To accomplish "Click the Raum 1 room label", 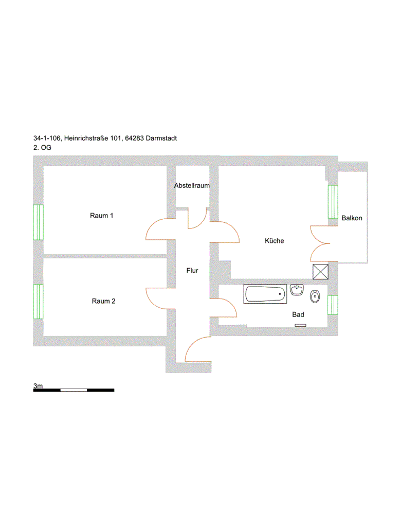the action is [101, 216].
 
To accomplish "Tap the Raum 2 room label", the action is [103, 301].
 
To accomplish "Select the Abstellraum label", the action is [192, 185].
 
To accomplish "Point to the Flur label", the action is [192, 271].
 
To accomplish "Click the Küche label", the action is [275, 241].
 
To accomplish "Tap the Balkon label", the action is [352, 218].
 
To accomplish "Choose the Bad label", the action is [298, 314].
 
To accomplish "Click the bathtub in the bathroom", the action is [265, 294].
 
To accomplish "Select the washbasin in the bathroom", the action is [297, 290].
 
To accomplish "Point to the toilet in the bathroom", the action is [315, 296].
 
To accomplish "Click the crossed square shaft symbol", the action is [320, 272].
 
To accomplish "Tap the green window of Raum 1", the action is [38, 222].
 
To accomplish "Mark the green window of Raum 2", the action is [38, 302].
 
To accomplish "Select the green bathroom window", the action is [333, 305].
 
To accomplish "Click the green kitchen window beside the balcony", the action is [333, 202].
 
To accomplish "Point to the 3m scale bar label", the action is [38, 385].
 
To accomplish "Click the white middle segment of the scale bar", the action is [74, 390].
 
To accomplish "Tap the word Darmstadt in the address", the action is [161, 138].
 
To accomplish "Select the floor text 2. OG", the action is [42, 148].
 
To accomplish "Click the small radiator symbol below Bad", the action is [300, 325].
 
